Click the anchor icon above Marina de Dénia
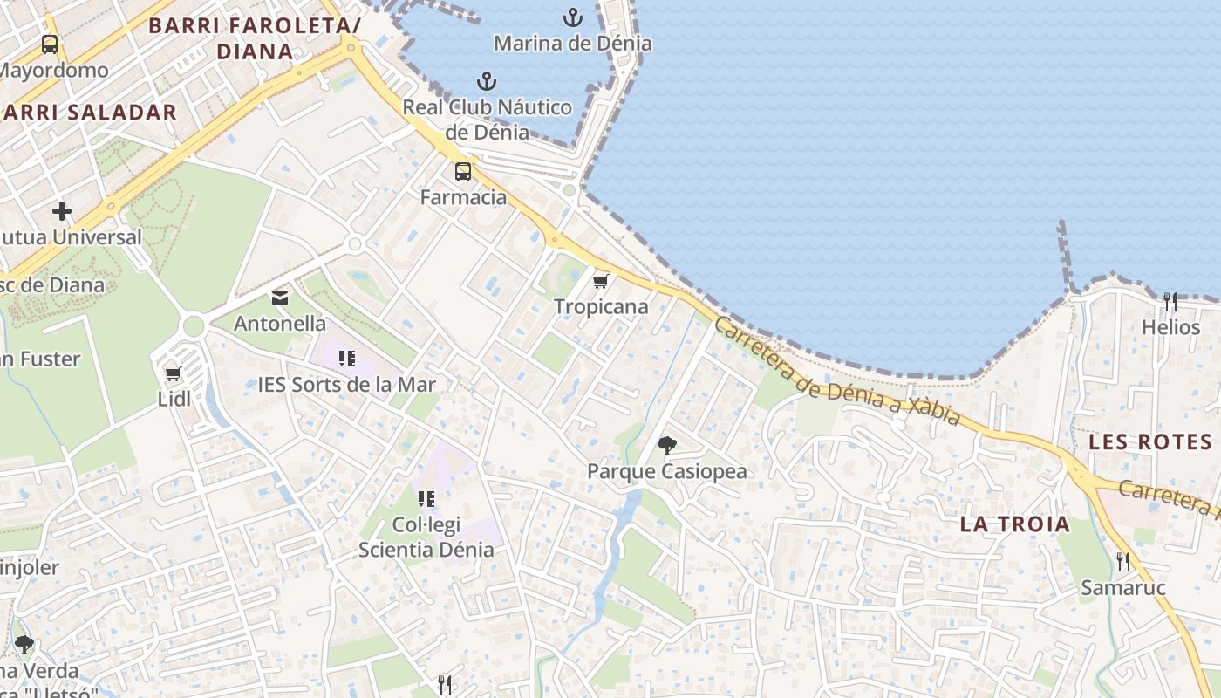click(x=573, y=17)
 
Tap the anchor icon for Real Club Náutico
click(x=487, y=82)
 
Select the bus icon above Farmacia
click(x=462, y=172)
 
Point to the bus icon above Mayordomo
click(x=50, y=44)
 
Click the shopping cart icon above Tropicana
click(x=600, y=281)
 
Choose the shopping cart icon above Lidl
click(x=173, y=374)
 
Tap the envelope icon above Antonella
click(x=280, y=298)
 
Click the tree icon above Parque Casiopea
click(x=667, y=446)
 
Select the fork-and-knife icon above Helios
click(x=1170, y=302)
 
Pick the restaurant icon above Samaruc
click(x=1123, y=562)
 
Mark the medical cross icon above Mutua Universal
click(x=62, y=211)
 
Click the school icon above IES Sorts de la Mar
click(x=347, y=359)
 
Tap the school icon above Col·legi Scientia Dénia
click(x=426, y=499)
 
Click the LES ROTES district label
click(x=1150, y=442)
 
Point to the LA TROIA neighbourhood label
click(x=1014, y=524)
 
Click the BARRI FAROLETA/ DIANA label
click(x=254, y=38)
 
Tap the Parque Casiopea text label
click(x=666, y=472)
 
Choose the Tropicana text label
click(x=601, y=307)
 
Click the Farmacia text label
click(x=463, y=197)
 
